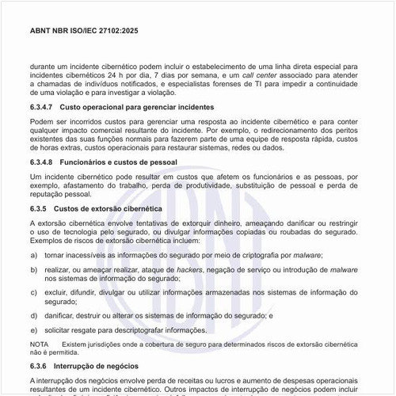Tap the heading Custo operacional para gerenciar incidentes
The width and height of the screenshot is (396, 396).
(x=137, y=106)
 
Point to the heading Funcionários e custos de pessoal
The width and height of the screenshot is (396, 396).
(x=119, y=161)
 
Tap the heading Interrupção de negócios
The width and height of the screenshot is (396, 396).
(x=96, y=367)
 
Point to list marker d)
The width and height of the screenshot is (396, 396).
(x=34, y=314)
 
